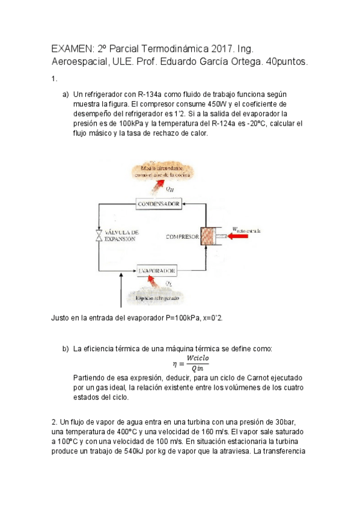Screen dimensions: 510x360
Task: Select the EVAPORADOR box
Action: (x=157, y=271)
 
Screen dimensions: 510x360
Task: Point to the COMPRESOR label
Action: (x=182, y=237)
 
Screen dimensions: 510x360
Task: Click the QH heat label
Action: (x=170, y=189)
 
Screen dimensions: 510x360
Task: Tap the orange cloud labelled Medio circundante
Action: (x=160, y=171)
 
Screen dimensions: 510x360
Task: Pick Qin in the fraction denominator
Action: (x=198, y=369)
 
